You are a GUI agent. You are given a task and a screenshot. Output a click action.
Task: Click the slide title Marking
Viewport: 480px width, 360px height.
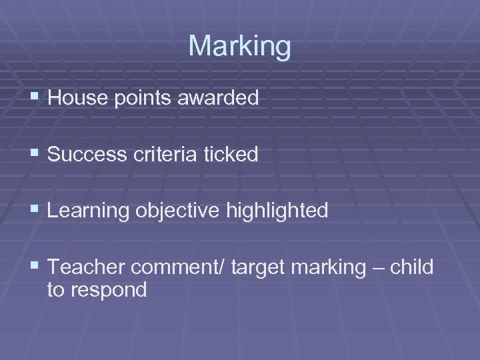click(x=239, y=47)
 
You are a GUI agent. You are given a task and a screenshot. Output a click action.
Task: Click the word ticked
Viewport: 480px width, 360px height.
click(x=232, y=154)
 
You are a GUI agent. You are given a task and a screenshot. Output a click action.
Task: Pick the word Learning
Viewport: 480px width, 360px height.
click(x=90, y=211)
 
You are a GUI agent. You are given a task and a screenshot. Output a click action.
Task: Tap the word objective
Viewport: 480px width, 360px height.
click(x=181, y=211)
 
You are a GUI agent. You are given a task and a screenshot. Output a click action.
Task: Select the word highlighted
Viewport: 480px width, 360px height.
click(x=277, y=211)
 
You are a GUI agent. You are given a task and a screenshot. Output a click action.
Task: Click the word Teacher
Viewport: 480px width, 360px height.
click(x=87, y=267)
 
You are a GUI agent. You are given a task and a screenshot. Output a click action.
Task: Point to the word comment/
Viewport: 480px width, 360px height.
click(x=180, y=268)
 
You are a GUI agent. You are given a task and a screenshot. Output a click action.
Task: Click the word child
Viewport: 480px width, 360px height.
click(x=412, y=267)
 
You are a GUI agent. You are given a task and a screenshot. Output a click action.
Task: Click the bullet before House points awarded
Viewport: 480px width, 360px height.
click(x=35, y=99)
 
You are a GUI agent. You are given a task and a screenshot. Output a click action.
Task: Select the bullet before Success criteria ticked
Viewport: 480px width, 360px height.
click(x=35, y=155)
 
